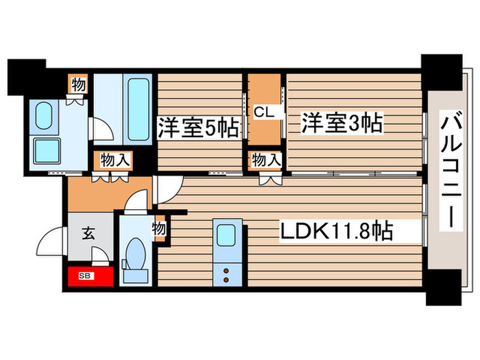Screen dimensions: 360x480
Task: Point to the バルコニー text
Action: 451,171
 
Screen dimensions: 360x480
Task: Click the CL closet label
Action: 264,111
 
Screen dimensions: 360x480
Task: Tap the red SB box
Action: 89,276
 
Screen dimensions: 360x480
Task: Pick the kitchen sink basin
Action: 226,236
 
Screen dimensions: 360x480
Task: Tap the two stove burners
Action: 226,274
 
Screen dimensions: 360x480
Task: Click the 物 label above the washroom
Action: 77,85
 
